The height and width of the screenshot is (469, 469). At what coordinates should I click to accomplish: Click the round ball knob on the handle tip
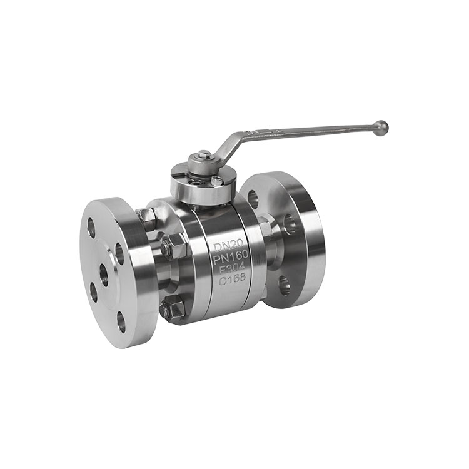tap(381, 129)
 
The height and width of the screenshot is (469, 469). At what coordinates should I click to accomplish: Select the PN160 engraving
tap(231, 256)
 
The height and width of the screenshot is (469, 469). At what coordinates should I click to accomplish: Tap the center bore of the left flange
tap(104, 275)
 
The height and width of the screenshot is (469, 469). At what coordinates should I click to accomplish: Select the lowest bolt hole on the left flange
tap(121, 321)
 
